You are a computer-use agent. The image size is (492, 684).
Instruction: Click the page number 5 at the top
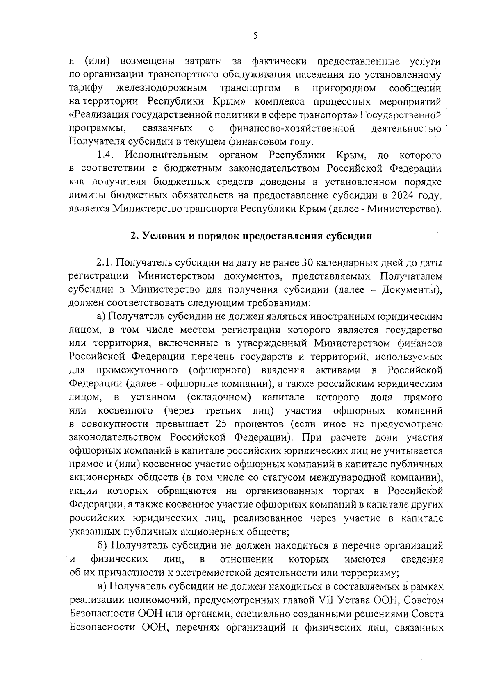click(x=255, y=36)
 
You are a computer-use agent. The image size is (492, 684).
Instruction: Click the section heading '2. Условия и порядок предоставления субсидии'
click(x=251, y=236)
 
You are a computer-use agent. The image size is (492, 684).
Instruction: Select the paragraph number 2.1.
click(x=105, y=263)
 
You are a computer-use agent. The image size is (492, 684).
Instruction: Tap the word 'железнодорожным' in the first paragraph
click(x=162, y=88)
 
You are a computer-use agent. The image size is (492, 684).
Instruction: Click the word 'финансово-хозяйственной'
click(x=292, y=129)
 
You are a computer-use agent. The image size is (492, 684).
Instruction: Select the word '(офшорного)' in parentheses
click(x=219, y=370)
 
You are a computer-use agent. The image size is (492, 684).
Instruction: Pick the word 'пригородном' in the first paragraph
click(x=344, y=88)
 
